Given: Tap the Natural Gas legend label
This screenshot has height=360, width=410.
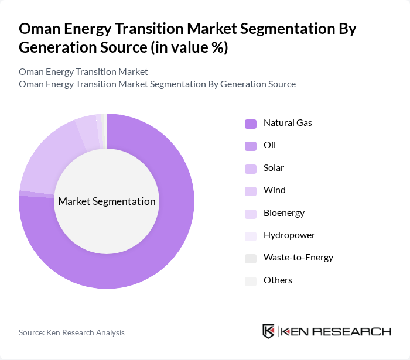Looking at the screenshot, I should tap(288, 123).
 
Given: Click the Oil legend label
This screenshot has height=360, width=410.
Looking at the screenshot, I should tap(269, 145).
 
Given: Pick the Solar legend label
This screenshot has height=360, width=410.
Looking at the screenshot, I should tap(274, 168).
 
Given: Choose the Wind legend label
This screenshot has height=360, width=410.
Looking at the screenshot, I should tap(274, 190).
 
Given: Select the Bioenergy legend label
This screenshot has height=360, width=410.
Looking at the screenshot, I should tap(284, 213).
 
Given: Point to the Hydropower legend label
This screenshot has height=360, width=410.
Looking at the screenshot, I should tap(289, 235).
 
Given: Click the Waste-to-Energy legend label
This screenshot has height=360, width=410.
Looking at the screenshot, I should tap(298, 258).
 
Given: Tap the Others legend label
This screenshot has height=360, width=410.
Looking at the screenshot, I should tap(278, 280).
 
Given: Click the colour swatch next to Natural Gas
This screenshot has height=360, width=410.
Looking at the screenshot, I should tap(251, 124).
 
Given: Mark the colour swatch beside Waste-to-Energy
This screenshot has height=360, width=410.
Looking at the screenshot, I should tap(251, 258).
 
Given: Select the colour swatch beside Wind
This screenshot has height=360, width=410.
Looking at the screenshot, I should tap(251, 191).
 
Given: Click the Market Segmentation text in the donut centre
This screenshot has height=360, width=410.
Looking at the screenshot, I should tap(107, 201).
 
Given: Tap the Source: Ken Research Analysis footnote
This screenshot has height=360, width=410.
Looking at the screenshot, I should tap(71, 332).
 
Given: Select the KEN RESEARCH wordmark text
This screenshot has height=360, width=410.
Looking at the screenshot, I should tap(336, 331).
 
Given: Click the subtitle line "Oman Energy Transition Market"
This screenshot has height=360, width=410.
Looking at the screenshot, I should tap(83, 71).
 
